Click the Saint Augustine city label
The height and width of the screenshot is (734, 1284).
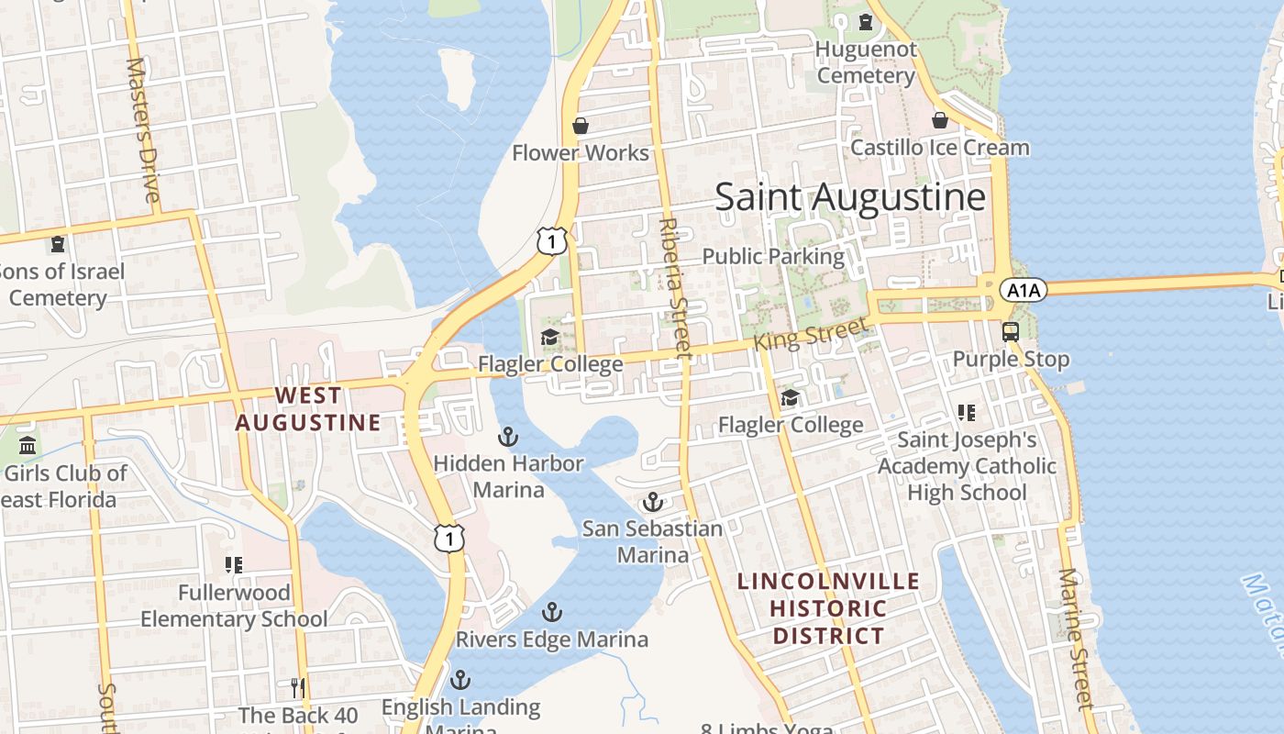(850, 197)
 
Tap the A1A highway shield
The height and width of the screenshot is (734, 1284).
(1022, 291)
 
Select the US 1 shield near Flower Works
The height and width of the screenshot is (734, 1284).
(552, 241)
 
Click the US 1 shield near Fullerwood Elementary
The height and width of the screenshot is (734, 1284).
(449, 538)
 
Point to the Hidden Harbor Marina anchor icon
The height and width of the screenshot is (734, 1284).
(507, 437)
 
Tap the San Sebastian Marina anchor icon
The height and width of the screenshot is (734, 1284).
(652, 502)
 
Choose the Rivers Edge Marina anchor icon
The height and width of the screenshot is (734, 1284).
(551, 612)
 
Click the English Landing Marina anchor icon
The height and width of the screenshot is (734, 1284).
(460, 680)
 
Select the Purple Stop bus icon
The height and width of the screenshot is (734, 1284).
(1011, 331)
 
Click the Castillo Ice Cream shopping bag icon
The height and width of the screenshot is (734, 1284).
(940, 120)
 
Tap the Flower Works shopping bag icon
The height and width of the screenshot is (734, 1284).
(580, 125)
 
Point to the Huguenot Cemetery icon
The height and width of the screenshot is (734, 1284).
(865, 22)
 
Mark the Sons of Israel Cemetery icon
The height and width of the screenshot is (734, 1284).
(58, 244)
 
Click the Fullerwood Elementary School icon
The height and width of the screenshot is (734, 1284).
(234, 565)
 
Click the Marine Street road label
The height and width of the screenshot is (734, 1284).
(1076, 639)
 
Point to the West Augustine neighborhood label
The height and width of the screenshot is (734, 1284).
(308, 409)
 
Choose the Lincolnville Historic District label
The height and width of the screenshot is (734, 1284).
(828, 608)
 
